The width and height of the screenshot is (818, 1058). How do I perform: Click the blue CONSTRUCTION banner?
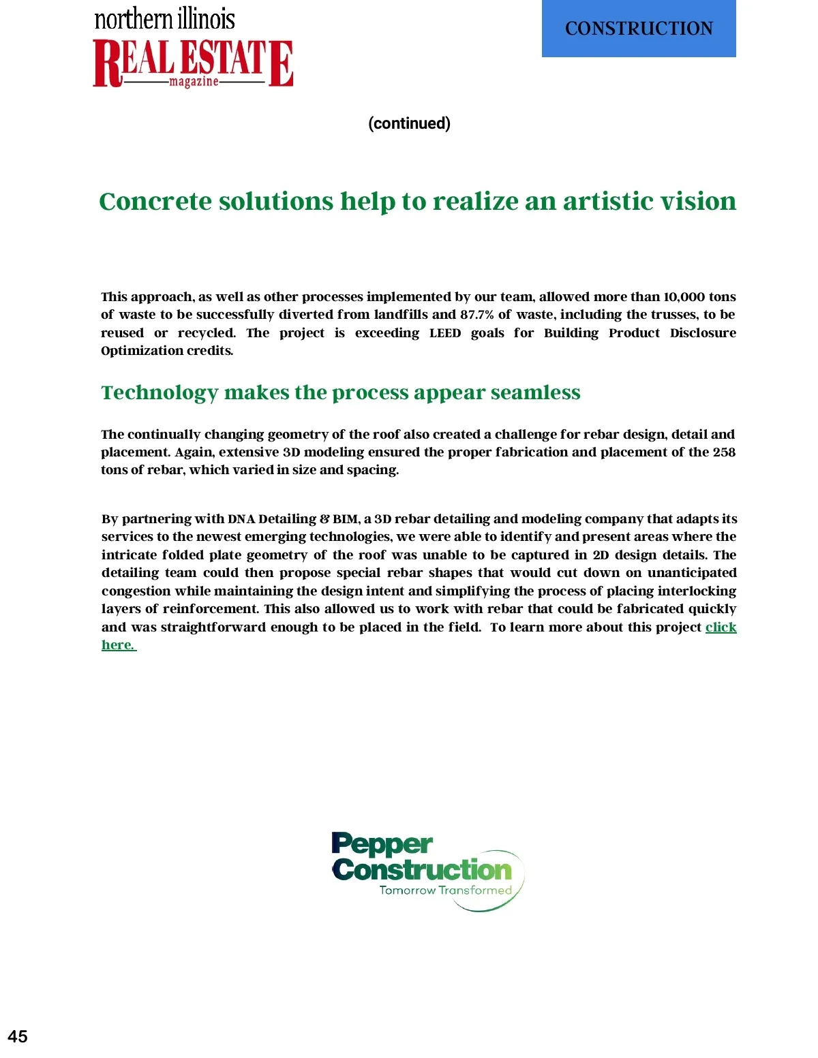click(x=639, y=29)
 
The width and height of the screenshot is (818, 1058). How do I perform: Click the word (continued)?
click(x=409, y=123)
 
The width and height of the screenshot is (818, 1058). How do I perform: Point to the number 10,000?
click(x=684, y=297)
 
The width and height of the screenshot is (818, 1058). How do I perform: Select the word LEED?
click(x=445, y=333)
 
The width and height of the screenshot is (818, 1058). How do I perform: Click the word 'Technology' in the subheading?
click(x=160, y=392)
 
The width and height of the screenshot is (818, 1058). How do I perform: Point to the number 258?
click(x=724, y=452)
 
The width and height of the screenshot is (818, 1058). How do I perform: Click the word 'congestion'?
click(x=136, y=591)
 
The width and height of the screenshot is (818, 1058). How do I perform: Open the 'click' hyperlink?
click(x=721, y=627)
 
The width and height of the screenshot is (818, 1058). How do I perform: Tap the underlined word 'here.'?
click(x=118, y=645)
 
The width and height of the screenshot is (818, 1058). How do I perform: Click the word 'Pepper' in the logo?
click(x=382, y=845)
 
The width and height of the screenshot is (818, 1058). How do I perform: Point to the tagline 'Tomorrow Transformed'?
click(x=445, y=890)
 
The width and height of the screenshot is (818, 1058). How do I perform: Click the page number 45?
click(x=18, y=1036)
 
